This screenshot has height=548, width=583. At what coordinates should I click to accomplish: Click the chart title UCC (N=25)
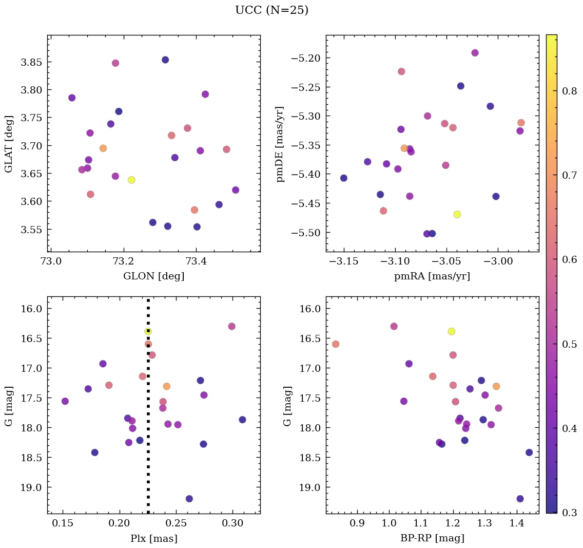[271, 10]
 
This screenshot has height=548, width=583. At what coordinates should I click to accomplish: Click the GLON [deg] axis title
[153, 276]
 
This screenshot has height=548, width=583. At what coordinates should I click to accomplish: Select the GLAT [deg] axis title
[9, 144]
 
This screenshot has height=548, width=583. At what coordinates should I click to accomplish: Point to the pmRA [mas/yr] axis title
[432, 276]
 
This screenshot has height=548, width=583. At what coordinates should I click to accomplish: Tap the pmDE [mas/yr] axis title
[280, 144]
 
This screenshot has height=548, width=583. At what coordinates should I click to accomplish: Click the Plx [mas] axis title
[153, 539]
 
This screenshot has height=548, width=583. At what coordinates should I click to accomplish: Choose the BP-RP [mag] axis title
[432, 539]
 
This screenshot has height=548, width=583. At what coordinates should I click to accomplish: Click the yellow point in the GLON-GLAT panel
[131, 180]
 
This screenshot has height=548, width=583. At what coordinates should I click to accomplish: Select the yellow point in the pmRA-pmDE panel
[457, 214]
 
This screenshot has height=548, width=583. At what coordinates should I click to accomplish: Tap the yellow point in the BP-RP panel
[451, 331]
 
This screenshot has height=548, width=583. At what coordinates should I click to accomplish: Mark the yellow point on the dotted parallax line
[148, 331]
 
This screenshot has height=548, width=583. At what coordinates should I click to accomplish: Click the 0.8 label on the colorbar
[569, 91]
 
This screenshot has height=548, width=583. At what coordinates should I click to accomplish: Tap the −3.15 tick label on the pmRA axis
[344, 262]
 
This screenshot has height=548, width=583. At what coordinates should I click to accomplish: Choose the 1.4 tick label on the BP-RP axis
[516, 524]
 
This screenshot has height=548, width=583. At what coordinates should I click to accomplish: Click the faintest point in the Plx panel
[189, 499]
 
